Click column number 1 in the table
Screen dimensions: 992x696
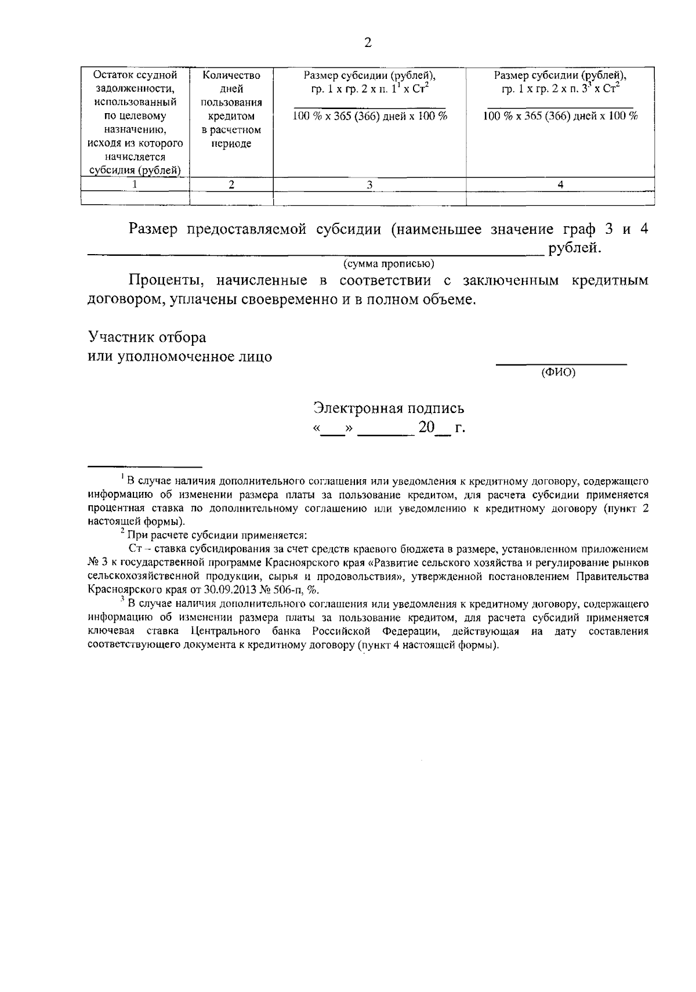[135, 184]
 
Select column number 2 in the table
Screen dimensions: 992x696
[231, 184]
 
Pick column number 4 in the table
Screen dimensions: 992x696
[560, 184]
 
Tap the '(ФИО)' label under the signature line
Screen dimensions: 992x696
[558, 373]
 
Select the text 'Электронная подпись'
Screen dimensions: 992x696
[389, 408]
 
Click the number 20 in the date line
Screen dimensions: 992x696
[426, 428]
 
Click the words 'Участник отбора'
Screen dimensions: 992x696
[147, 337]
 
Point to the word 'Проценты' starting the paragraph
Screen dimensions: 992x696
[165, 281]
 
